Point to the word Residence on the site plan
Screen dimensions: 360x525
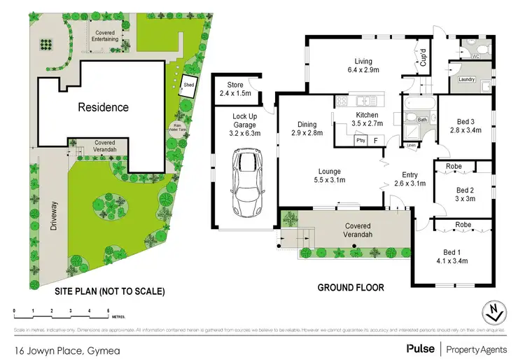coord(103,107)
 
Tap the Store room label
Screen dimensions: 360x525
coord(235,85)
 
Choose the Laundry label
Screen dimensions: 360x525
coord(467,80)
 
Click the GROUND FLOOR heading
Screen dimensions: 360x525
coord(351,287)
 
